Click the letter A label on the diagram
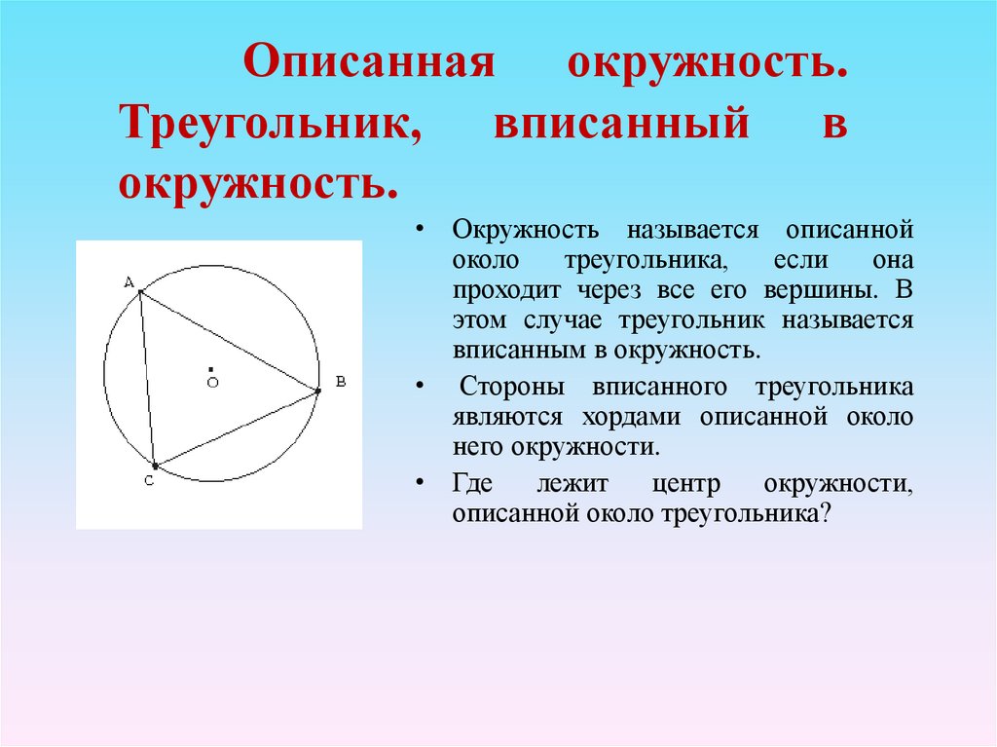click(x=129, y=281)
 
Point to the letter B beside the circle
click(x=340, y=382)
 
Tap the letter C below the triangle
click(x=149, y=481)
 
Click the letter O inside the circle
click(x=211, y=383)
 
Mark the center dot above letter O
click(x=210, y=368)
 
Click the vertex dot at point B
click(x=317, y=392)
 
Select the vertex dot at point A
click(x=141, y=291)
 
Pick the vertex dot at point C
click(x=154, y=467)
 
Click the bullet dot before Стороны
click(x=419, y=388)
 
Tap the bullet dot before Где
click(x=419, y=485)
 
